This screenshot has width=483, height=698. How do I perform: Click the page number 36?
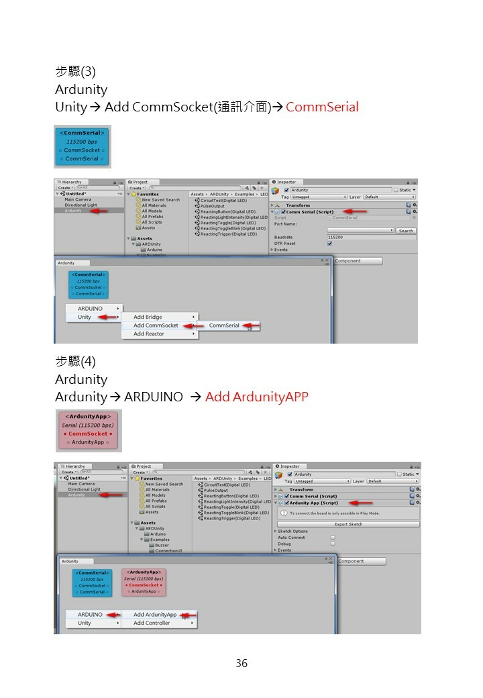pos(241,663)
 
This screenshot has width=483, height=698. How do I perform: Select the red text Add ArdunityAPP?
pos(256,397)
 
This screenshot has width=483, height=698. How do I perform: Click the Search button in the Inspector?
pos(405,230)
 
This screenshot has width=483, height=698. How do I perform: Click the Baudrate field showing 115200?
pos(370,237)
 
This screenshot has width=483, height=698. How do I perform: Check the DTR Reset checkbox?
pos(329,244)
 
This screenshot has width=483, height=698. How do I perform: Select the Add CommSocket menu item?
pos(156,326)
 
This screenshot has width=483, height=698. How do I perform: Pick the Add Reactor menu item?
pos(148,334)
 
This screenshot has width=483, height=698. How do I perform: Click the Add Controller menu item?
pos(152,623)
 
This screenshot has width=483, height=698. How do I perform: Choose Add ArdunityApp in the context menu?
pos(154,615)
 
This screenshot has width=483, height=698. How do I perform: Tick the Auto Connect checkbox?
pos(333,538)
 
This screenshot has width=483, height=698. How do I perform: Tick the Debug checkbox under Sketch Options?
pos(333,544)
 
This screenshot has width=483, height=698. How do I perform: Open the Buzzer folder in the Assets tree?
pos(162,545)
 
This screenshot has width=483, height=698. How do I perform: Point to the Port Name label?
pos(285,224)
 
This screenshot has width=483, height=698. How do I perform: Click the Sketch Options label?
pos(292,531)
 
